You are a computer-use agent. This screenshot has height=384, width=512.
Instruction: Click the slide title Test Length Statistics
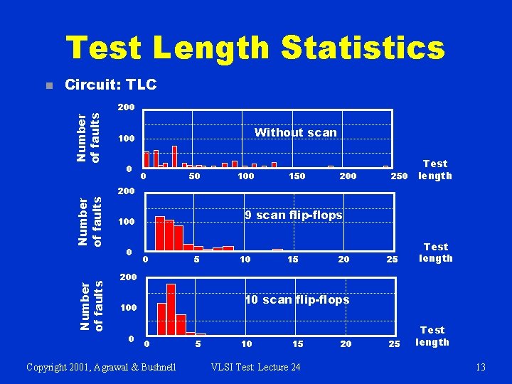coord(255,48)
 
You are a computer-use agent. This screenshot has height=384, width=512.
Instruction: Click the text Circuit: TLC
coord(110,85)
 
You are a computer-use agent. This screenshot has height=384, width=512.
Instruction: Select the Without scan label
coord(295,132)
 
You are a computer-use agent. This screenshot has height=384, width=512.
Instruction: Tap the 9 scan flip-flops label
coord(293,215)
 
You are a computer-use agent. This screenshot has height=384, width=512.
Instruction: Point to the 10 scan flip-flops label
coord(297,299)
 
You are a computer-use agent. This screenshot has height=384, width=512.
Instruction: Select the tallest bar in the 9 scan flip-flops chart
coord(160,233)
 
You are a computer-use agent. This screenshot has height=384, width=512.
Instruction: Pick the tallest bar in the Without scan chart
coord(175,156)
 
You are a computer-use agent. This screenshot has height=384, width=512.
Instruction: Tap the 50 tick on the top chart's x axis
coord(194,176)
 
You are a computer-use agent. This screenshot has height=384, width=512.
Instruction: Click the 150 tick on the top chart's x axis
coord(297,176)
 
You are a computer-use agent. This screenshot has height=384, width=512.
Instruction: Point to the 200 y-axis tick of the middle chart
coord(126,192)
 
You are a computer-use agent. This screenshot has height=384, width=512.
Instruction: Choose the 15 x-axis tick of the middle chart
coord(292,260)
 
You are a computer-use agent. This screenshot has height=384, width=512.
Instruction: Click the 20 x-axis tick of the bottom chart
coord(346,344)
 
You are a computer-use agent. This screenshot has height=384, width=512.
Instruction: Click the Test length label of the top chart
coord(434,170)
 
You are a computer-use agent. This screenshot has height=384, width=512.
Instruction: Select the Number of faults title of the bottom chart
coord(95,306)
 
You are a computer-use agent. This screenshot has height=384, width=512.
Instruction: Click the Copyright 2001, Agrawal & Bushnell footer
coord(101,367)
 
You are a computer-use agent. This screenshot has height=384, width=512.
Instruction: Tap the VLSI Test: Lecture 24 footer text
coord(255,367)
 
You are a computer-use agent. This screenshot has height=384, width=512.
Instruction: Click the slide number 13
coord(481,367)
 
